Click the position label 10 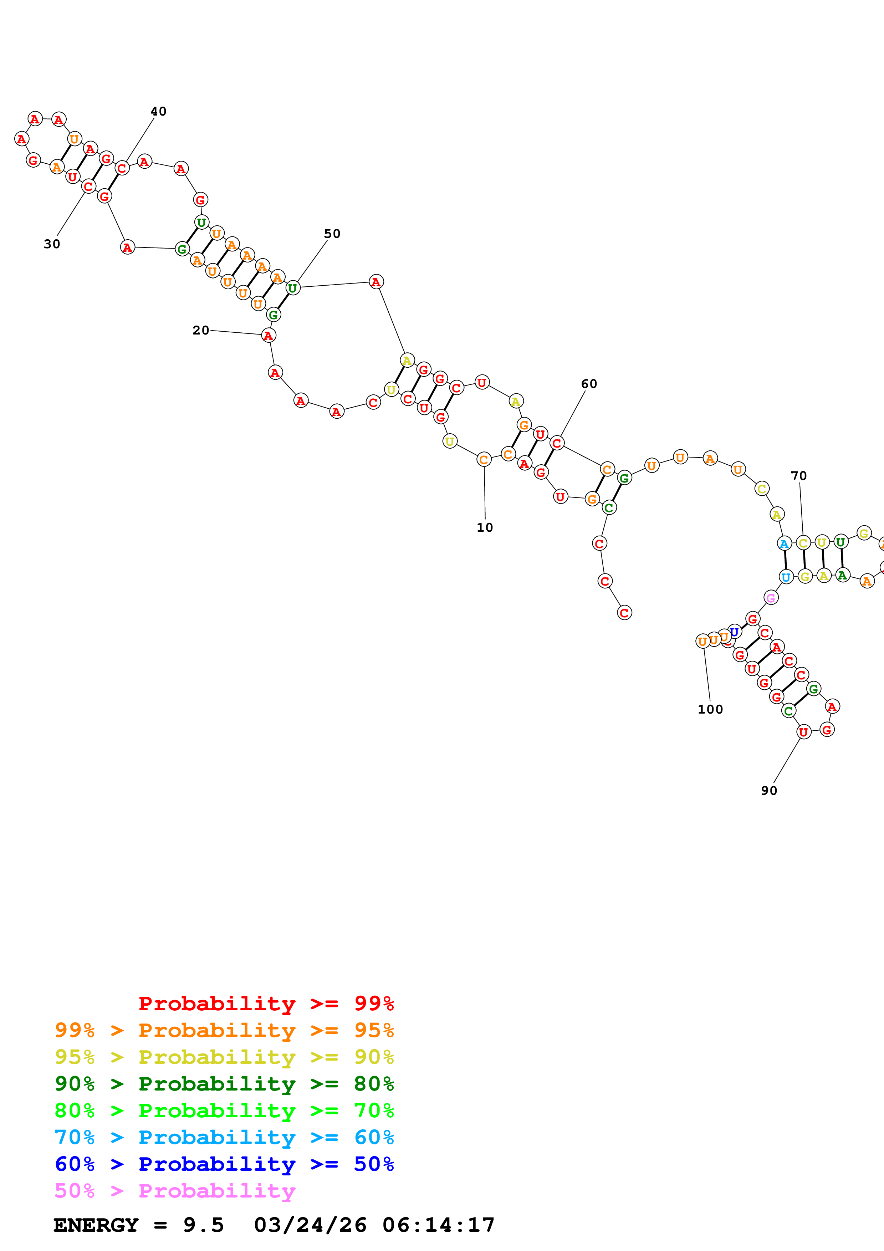tap(484, 527)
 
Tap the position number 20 tap(200, 330)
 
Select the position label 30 tap(52, 244)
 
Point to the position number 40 tap(158, 111)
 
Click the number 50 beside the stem tap(332, 234)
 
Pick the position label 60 tap(589, 384)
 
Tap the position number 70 tap(798, 476)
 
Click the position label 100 tap(710, 709)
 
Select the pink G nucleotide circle tap(771, 598)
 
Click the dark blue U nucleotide tap(734, 632)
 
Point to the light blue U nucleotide tap(786, 577)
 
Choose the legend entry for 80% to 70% tap(224, 1110)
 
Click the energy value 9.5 tap(203, 1225)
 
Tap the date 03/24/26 tap(310, 1225)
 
